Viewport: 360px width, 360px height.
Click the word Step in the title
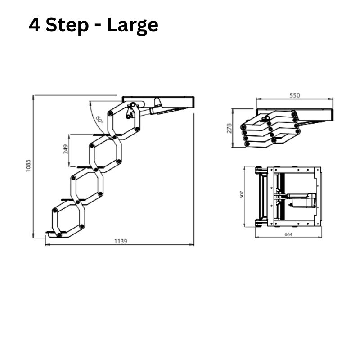point(67,26)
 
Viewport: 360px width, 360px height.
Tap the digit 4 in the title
point(35,25)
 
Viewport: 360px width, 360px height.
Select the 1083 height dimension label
point(28,166)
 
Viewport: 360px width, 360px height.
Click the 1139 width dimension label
point(121,241)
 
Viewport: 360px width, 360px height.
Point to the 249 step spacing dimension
point(66,149)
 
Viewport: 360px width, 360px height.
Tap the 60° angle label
point(99,119)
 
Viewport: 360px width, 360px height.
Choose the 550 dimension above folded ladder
point(295,95)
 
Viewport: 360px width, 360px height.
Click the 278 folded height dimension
point(229,128)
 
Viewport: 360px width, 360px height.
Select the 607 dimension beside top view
point(242,195)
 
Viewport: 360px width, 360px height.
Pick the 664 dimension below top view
point(288,234)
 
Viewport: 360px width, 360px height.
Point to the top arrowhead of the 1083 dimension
point(33,98)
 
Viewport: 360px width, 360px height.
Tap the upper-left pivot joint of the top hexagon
point(110,113)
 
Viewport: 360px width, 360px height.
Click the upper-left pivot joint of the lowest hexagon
point(54,210)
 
